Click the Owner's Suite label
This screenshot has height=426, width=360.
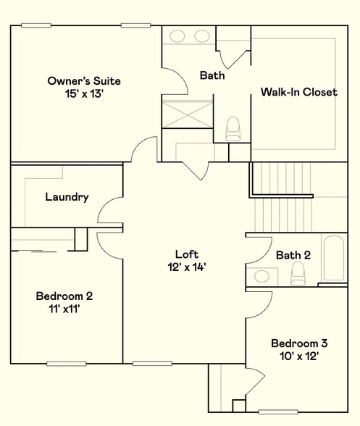(x=84, y=81)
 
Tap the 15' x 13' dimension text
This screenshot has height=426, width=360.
(x=84, y=94)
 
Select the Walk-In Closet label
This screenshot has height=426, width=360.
(x=299, y=92)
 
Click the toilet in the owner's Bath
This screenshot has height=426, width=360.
(x=233, y=129)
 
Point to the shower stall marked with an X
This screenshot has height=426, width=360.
(x=188, y=114)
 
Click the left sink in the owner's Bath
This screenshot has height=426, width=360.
(x=177, y=36)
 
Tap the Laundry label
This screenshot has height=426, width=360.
(x=67, y=197)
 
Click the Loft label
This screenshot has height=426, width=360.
(x=187, y=254)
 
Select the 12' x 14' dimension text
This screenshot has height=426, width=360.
(x=187, y=267)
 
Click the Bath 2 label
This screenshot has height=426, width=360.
(x=293, y=255)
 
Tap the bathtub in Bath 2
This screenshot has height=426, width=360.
(x=334, y=258)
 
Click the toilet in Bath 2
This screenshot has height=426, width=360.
(x=298, y=273)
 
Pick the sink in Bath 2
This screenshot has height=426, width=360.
(x=261, y=276)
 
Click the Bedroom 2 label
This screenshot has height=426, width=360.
(x=64, y=296)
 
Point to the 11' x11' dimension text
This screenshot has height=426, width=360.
(x=64, y=309)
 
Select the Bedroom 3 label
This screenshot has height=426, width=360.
(x=299, y=343)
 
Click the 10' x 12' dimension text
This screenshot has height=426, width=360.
(x=299, y=356)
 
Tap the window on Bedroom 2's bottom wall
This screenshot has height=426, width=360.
(x=67, y=364)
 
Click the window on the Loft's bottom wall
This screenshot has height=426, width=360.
(x=152, y=363)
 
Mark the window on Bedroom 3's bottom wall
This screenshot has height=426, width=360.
(x=278, y=412)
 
